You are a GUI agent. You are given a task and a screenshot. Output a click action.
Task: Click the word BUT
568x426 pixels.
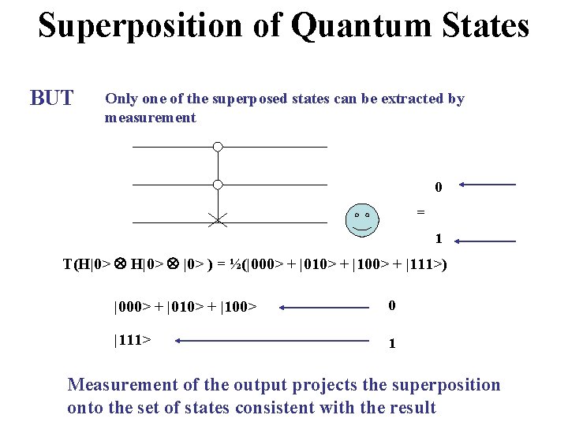[51, 99]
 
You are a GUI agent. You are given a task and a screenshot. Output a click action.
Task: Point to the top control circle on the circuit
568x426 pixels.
[218, 147]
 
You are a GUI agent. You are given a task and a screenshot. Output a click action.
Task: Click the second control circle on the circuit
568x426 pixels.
[218, 185]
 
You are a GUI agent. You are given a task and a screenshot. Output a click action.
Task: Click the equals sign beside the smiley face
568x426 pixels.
[420, 211]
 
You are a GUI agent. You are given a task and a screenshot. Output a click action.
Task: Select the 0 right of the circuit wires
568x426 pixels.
[438, 188]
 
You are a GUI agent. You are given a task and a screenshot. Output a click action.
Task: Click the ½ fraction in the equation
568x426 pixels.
[236, 263]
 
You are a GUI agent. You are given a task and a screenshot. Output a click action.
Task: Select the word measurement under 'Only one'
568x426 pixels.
[150, 118]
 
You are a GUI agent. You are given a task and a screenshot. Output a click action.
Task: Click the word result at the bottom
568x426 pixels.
[412, 408]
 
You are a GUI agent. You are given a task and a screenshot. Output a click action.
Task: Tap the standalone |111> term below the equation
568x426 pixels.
[133, 340]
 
